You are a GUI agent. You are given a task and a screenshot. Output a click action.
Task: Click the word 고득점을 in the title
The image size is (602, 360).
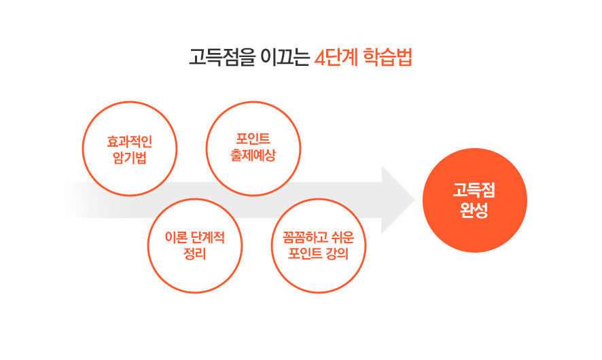point(222,57)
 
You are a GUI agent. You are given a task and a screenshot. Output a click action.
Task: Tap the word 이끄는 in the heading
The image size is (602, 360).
point(285,57)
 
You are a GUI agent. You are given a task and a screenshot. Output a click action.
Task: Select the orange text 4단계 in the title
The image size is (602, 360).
point(336,57)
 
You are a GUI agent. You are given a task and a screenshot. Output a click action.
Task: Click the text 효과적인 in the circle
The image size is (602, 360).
point(130,141)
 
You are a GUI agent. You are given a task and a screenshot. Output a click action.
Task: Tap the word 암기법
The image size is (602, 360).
point(130,158)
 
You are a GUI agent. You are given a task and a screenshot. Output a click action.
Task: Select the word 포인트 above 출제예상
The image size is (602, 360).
point(253,139)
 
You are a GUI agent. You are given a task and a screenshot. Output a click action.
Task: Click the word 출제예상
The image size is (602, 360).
point(253,155)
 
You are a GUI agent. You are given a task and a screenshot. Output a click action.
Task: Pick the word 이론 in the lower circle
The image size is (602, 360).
point(175,238)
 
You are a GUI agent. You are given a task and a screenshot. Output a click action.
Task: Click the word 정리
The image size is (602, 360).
point(194,253)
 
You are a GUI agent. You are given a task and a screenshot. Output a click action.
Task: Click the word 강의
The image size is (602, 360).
point(338,253)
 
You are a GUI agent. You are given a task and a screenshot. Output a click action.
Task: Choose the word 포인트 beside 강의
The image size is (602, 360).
point(305,253)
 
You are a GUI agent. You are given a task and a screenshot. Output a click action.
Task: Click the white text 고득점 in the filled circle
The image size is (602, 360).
point(474,190)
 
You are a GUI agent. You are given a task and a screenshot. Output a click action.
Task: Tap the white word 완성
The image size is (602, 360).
point(474,211)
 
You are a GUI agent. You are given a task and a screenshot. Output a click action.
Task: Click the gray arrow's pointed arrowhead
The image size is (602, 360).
point(414,200)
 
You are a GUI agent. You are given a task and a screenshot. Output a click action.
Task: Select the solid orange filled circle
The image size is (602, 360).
point(475,200)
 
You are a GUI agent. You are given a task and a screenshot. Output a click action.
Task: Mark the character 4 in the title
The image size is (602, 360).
point(320,58)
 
